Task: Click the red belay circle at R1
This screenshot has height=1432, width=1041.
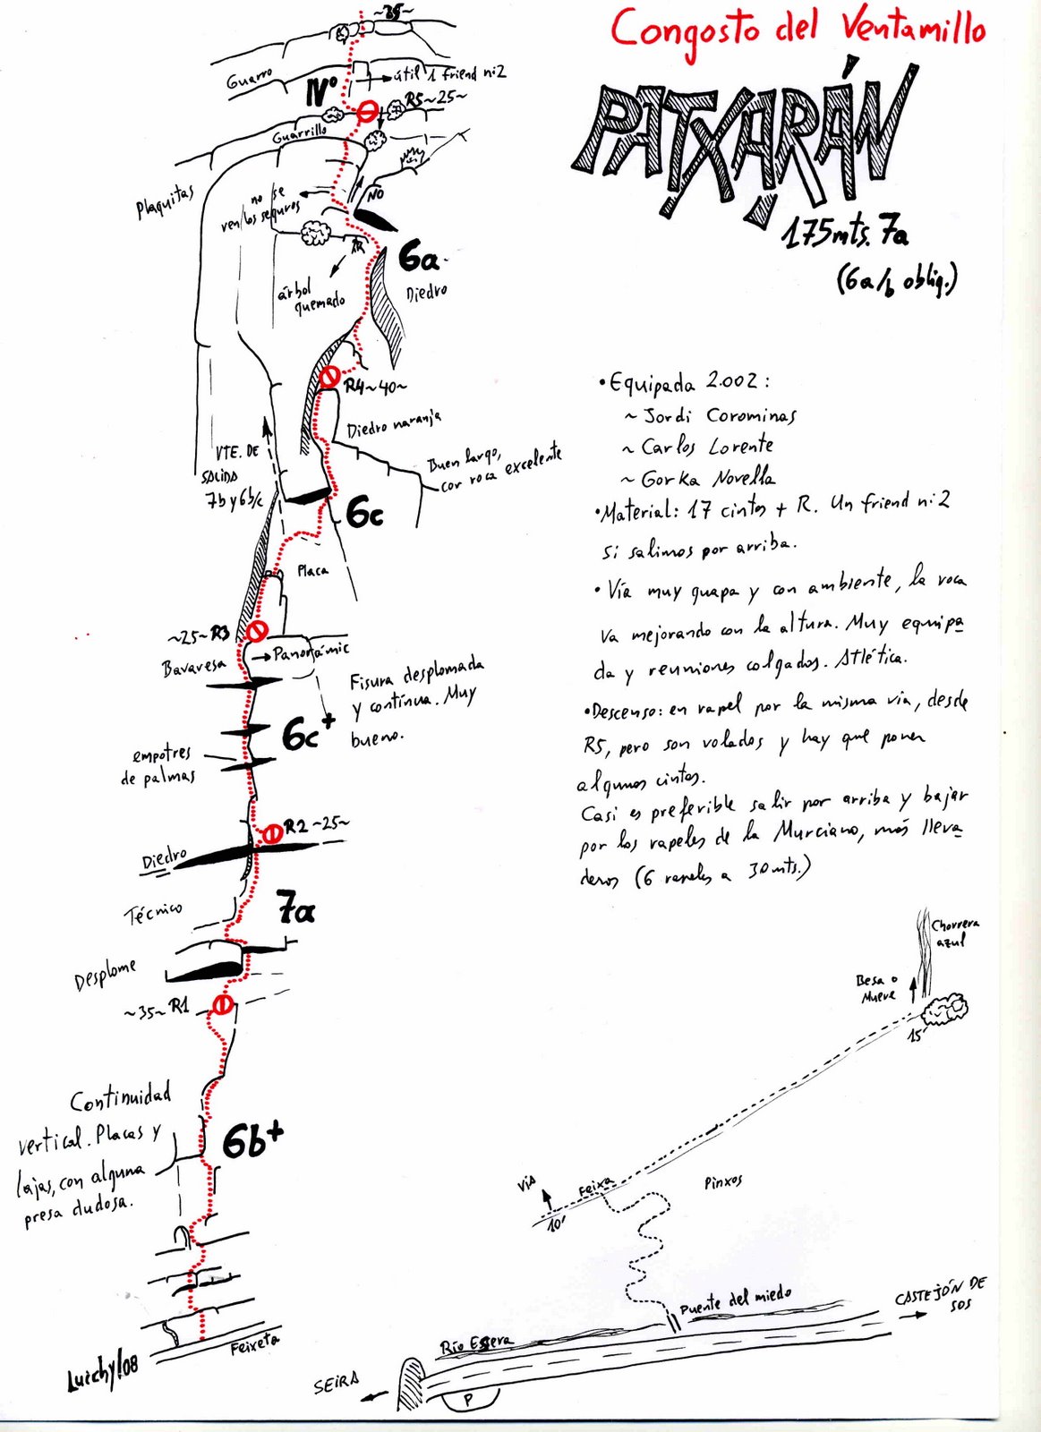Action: click(x=222, y=1005)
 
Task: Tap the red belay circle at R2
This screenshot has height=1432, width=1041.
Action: click(x=271, y=833)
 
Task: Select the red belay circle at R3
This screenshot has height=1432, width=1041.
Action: click(x=257, y=631)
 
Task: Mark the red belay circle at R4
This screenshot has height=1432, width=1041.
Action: click(x=329, y=376)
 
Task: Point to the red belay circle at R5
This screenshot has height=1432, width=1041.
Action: click(x=367, y=113)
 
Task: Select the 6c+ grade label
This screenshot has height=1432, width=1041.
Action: click(x=308, y=733)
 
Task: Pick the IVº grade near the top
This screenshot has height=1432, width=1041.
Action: click(x=320, y=91)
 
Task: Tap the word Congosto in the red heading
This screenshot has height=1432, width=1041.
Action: click(x=686, y=30)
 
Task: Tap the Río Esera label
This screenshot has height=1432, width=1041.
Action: click(x=476, y=1343)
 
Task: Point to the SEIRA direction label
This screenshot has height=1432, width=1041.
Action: click(x=337, y=1384)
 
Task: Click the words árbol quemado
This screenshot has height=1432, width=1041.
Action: click(x=310, y=295)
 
